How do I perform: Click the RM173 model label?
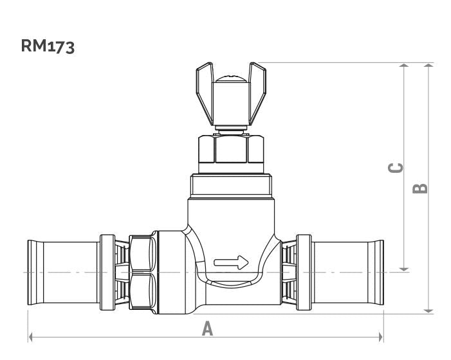48,46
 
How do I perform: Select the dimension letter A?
207,328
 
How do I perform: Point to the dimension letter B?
420,188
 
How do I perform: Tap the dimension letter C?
396,168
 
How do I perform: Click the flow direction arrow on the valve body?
231,262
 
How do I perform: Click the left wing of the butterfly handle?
205,91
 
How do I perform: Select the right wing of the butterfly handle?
257,91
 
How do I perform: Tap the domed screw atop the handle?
231,78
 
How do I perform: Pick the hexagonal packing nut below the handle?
231,149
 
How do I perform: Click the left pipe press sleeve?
63,272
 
